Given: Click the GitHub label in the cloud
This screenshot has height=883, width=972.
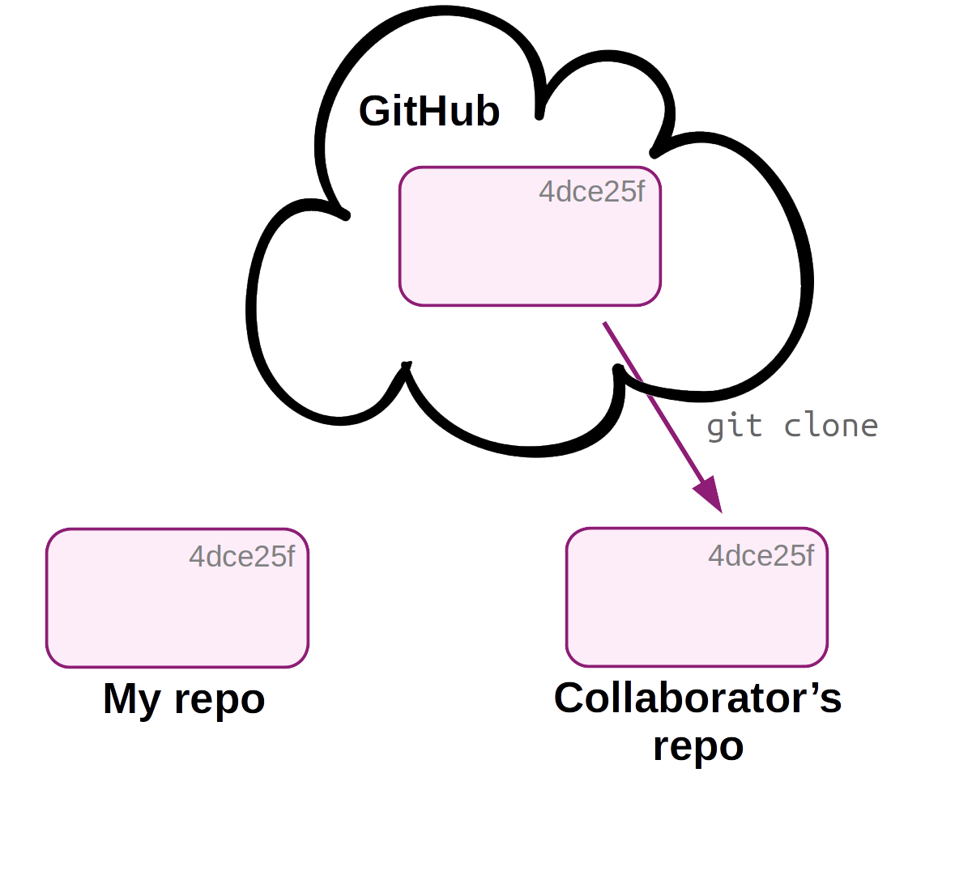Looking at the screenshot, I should click(428, 111).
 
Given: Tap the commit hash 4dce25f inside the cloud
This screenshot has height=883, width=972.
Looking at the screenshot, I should click(591, 192).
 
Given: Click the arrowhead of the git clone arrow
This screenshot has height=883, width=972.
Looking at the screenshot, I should click(709, 495).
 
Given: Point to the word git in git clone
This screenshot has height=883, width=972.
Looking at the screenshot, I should click(734, 426).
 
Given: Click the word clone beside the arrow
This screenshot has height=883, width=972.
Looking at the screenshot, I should click(831, 426).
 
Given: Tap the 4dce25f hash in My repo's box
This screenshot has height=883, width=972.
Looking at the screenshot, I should click(241, 557).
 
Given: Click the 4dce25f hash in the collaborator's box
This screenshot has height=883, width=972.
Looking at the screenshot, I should click(761, 556).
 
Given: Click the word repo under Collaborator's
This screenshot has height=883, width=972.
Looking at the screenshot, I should click(698, 746).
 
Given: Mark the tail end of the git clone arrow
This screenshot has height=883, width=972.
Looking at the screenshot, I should click(605, 324).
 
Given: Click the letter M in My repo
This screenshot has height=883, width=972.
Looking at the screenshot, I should click(121, 698).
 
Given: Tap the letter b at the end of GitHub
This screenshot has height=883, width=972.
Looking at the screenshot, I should click(487, 111).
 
